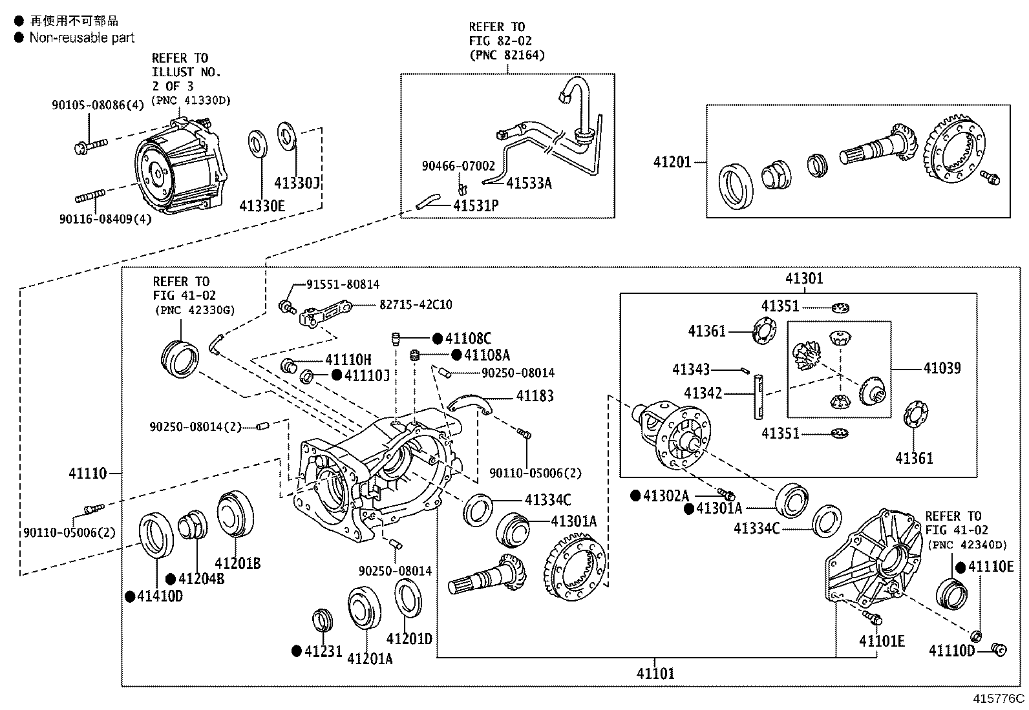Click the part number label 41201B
237,563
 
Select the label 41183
535,396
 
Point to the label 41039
942,368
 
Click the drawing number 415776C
999,699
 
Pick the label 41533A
528,183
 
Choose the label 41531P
476,206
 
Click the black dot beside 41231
296,651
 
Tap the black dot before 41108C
437,339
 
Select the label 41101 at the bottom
655,674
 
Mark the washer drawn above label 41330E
259,143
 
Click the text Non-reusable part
81,38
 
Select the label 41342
703,393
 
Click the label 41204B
202,579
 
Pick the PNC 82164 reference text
507,55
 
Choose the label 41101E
882,641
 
